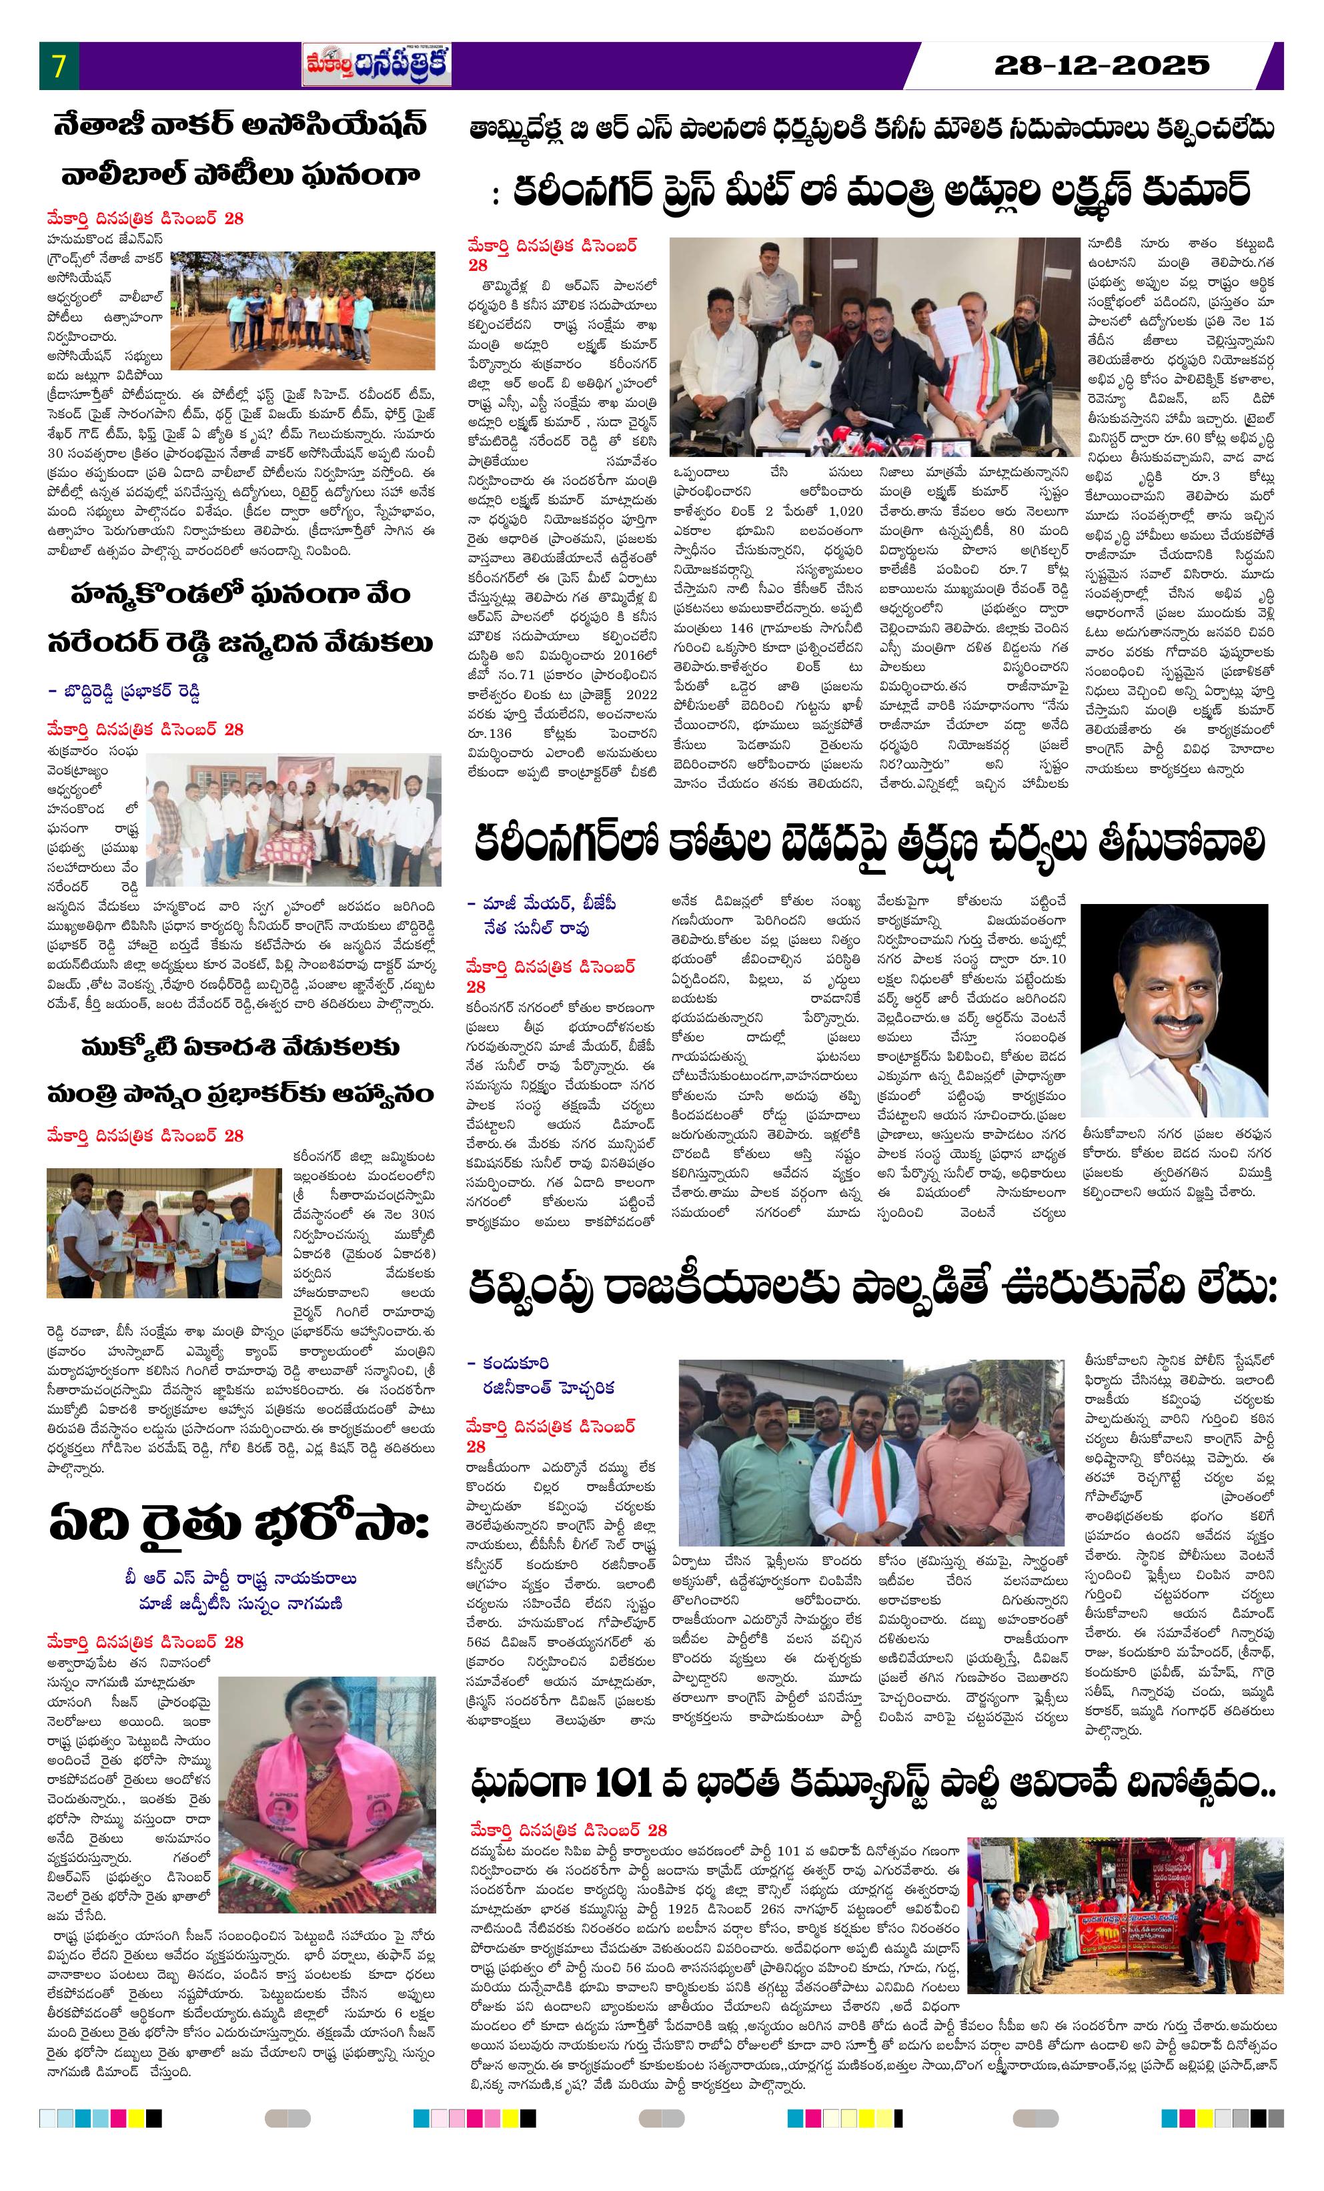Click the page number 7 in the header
[x=59, y=66]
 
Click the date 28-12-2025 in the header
[x=1102, y=65]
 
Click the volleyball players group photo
[x=302, y=311]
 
